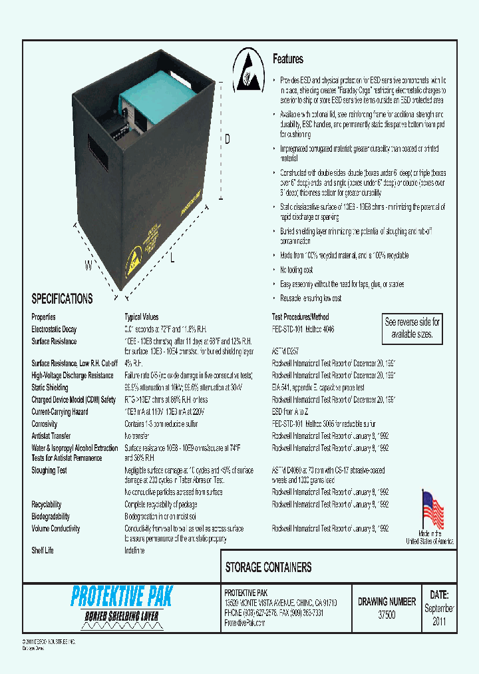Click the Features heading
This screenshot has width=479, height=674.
[x=288, y=59]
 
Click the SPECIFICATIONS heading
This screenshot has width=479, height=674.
[x=63, y=299]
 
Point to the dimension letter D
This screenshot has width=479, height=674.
[x=227, y=139]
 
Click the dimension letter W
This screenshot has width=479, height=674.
[x=88, y=266]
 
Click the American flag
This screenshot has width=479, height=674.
[x=432, y=510]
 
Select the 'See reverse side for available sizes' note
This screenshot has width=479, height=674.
[x=412, y=328]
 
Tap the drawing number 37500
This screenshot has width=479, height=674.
[x=386, y=615]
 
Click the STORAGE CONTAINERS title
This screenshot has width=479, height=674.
[x=269, y=567]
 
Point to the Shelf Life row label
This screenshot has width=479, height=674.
[x=43, y=551]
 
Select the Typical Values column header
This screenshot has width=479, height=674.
[x=142, y=317]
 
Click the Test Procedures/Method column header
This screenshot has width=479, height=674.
[x=301, y=317]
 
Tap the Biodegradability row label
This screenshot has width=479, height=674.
[x=51, y=516]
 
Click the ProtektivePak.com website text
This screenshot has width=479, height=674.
[x=245, y=623]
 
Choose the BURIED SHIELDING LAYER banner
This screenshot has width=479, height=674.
[x=122, y=616]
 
